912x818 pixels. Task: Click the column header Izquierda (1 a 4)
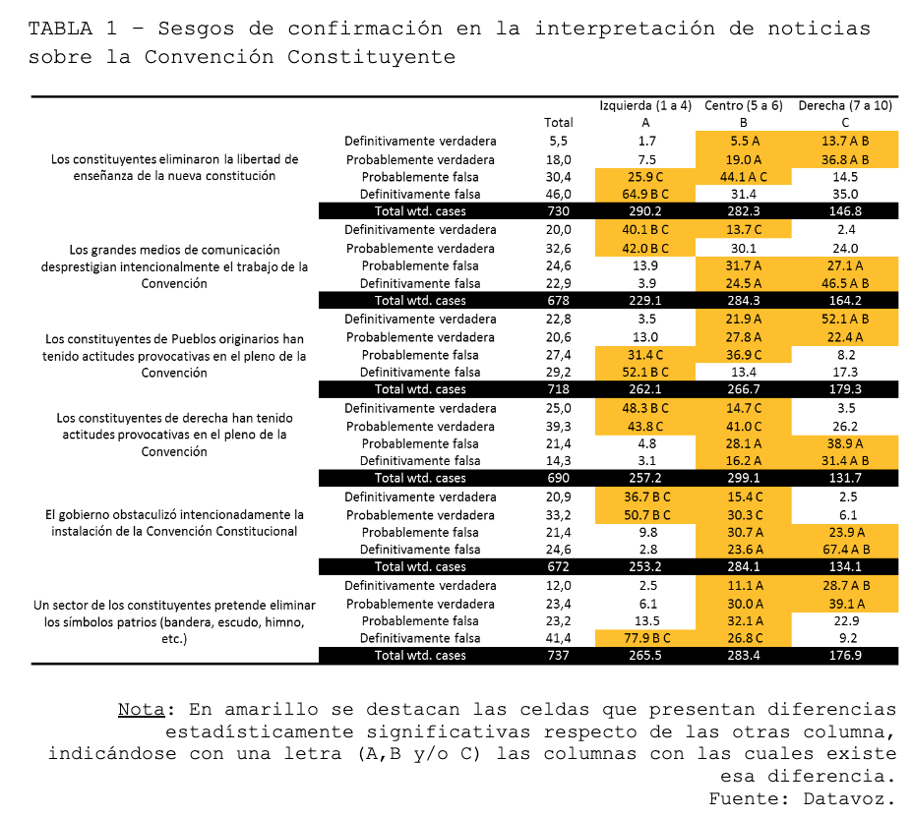[645, 106]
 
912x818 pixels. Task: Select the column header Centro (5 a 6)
[744, 106]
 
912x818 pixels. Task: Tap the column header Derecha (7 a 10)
[845, 106]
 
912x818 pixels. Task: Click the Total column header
[559, 123]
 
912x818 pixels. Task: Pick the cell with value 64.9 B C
[645, 195]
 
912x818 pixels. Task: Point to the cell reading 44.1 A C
[744, 177]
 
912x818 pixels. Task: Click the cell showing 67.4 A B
[845, 550]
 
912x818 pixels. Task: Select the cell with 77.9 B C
[646, 638]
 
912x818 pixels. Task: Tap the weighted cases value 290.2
[645, 211]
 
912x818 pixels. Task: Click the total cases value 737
[559, 655]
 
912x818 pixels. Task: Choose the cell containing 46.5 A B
[845, 284]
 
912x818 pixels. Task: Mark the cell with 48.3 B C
[645, 408]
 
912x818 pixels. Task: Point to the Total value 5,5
[559, 142]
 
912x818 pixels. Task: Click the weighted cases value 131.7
[845, 478]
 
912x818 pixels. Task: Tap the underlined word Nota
[142, 709]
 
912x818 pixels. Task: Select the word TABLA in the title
[60, 29]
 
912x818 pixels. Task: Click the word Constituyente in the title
[371, 57]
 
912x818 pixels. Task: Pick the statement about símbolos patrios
[174, 622]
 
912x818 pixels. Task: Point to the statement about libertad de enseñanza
[174, 167]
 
